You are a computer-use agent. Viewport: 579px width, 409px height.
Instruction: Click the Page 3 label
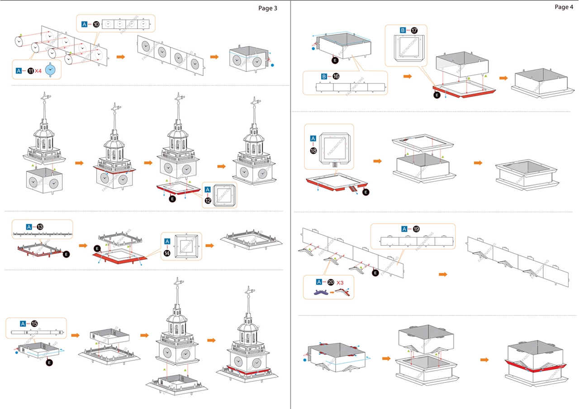[268, 8]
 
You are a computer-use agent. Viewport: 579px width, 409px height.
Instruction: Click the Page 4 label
[564, 7]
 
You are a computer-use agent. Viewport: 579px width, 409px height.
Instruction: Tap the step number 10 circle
[96, 24]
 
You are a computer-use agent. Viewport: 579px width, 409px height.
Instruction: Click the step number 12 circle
[208, 201]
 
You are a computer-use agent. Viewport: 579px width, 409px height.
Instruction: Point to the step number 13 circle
[40, 226]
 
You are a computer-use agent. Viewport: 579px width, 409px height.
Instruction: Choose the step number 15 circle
[34, 324]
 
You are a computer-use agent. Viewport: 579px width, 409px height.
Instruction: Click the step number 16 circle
[336, 76]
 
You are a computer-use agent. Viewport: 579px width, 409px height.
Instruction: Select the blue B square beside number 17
[403, 30]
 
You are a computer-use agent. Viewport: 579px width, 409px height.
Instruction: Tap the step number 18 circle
[313, 151]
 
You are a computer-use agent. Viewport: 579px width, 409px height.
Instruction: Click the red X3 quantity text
[340, 282]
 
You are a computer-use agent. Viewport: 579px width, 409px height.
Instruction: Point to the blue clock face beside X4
[51, 70]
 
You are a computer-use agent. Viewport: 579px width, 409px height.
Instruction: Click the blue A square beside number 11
[19, 71]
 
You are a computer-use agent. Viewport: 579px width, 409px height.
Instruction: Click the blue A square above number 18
[313, 138]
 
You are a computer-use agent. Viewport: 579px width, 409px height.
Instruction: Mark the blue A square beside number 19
[405, 229]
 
